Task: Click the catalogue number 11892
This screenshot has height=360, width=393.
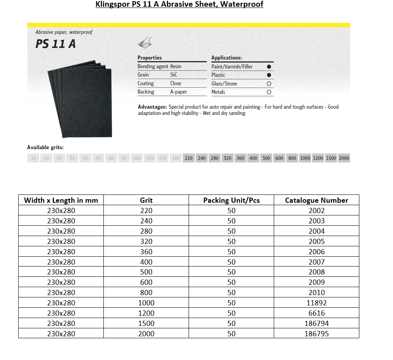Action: point(316,303)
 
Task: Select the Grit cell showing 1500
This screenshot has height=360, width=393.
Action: point(146,324)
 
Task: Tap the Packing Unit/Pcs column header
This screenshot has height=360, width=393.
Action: point(231,200)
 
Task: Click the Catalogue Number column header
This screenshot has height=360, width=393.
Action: point(316,200)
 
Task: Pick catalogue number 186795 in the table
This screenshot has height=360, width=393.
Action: point(316,334)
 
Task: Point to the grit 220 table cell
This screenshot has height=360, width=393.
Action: point(146,211)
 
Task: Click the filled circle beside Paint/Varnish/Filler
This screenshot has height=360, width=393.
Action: point(269,67)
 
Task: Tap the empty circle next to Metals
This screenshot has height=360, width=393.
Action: point(269,92)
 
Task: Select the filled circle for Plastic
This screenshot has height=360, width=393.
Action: point(269,75)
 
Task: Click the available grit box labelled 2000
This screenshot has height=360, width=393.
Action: point(344,158)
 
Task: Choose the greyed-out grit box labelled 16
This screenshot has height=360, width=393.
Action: point(34,158)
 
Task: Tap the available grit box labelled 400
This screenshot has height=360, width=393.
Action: point(253,158)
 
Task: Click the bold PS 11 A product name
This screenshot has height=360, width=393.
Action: point(55,44)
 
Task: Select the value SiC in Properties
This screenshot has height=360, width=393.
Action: point(174,75)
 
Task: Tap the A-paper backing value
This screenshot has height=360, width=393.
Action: point(179,92)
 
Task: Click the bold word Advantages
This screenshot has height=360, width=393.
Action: point(152,107)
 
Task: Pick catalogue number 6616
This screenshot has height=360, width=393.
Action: point(316,313)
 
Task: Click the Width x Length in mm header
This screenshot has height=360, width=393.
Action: point(61,200)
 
